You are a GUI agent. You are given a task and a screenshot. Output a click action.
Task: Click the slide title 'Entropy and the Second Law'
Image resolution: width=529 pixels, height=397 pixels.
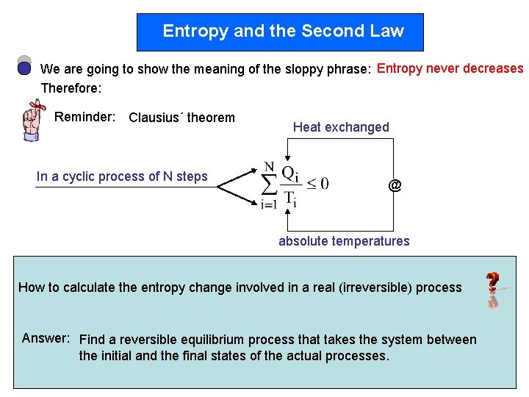pyautogui.click(x=283, y=31)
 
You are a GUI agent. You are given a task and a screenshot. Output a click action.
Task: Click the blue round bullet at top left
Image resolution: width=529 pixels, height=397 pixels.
pyautogui.click(x=24, y=68)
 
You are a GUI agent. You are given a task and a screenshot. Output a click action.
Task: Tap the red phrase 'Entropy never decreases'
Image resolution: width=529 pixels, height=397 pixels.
pyautogui.click(x=450, y=68)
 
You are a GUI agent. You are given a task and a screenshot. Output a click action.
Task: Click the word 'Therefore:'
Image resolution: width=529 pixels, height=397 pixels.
pyautogui.click(x=71, y=88)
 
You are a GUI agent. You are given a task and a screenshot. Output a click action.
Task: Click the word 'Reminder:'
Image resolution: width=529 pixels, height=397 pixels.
pyautogui.click(x=84, y=117)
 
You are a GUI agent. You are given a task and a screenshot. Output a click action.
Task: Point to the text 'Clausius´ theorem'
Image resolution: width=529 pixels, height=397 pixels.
pyautogui.click(x=181, y=118)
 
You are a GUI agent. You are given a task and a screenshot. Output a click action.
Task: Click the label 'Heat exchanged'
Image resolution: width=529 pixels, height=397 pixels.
pyautogui.click(x=341, y=127)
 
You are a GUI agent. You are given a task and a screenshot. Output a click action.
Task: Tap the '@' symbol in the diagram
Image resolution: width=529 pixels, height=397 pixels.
pyautogui.click(x=395, y=185)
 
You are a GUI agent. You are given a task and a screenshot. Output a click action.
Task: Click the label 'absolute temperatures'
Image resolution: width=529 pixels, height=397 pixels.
pyautogui.click(x=344, y=241)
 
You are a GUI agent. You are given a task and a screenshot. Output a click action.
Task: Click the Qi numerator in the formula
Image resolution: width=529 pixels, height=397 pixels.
pyautogui.click(x=290, y=173)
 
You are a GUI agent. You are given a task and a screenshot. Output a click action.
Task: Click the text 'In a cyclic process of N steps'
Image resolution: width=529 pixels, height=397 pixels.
pyautogui.click(x=122, y=176)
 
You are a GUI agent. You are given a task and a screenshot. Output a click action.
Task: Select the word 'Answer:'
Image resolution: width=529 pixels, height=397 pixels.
pyautogui.click(x=46, y=338)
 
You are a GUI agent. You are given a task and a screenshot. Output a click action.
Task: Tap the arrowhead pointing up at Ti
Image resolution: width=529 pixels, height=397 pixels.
pyautogui.click(x=290, y=210)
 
